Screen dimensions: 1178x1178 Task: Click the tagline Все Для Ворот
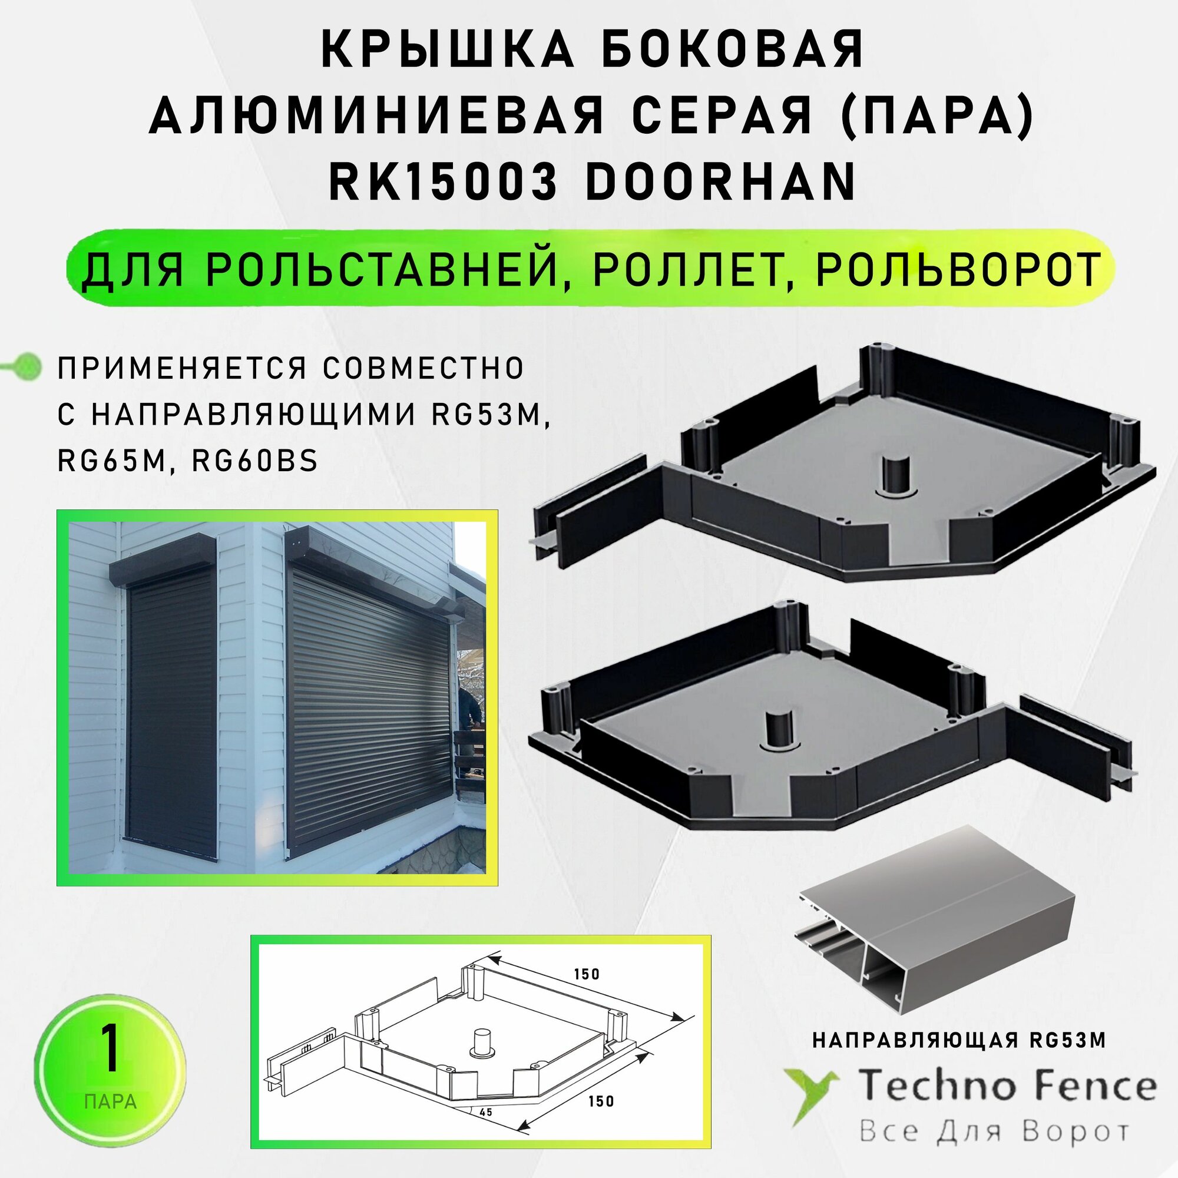[994, 1131]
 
